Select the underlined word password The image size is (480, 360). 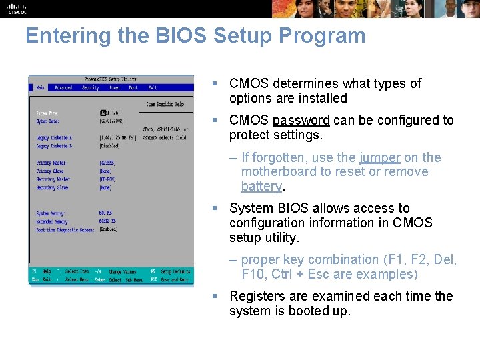coord(301,121)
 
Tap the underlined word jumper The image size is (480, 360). coord(380,158)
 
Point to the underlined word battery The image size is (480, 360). coord(261,187)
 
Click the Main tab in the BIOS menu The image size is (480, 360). coord(41,87)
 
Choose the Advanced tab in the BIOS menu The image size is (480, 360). coord(63,87)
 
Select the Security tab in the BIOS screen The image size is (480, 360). coord(90,87)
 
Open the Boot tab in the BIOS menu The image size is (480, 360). coord(133,87)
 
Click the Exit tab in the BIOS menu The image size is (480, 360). coord(153,87)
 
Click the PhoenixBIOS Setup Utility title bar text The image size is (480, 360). coord(111,79)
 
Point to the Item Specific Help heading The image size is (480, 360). coord(165,104)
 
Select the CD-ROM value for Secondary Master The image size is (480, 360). coord(107,179)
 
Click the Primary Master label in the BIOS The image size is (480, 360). coord(51,163)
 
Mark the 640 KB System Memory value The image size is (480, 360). coord(106,213)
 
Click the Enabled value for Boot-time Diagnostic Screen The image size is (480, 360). coord(108,229)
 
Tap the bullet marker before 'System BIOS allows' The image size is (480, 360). coord(215,209)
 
